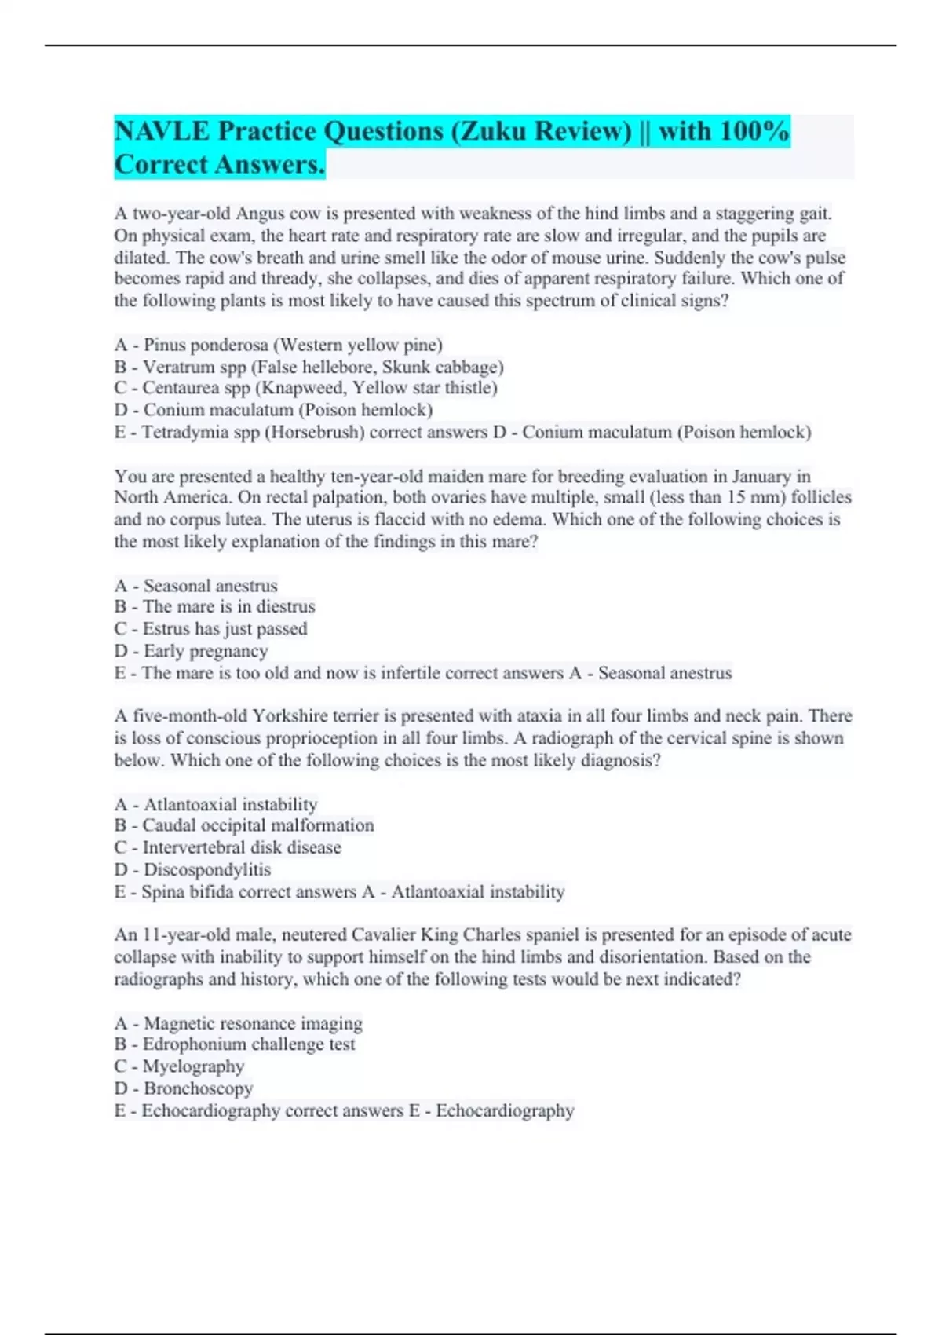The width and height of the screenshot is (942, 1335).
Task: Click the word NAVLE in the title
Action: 162,131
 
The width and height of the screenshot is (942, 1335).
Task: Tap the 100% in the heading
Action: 754,131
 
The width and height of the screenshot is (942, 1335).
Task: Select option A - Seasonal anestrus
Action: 195,586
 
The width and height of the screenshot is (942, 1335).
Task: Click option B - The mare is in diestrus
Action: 214,607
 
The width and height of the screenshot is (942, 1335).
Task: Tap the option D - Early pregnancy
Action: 191,651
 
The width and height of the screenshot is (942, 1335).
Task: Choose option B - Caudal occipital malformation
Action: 244,825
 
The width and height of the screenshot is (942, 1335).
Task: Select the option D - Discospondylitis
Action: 192,869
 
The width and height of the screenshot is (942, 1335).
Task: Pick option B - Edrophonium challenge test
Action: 235,1044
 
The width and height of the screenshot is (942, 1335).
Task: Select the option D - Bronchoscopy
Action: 184,1088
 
